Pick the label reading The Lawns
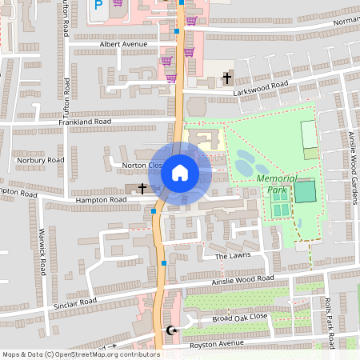(x=234, y=256)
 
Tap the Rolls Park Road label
(x=329, y=315)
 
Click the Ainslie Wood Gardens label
(x=352, y=160)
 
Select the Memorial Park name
(x=277, y=185)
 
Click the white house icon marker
(x=180, y=173)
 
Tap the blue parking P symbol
(x=98, y=5)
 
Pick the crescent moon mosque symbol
(x=170, y=330)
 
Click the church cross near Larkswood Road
(x=227, y=78)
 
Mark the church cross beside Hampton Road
(x=142, y=188)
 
